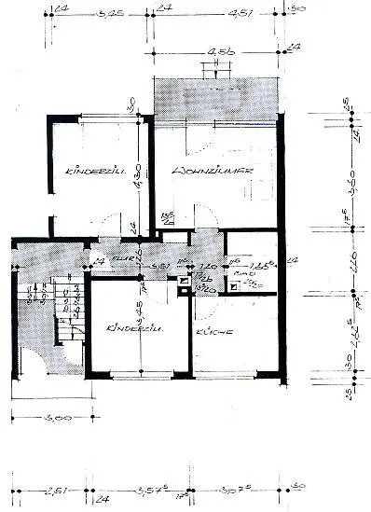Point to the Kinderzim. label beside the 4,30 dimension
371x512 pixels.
[90, 173]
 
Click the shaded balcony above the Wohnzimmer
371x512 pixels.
[216, 97]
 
